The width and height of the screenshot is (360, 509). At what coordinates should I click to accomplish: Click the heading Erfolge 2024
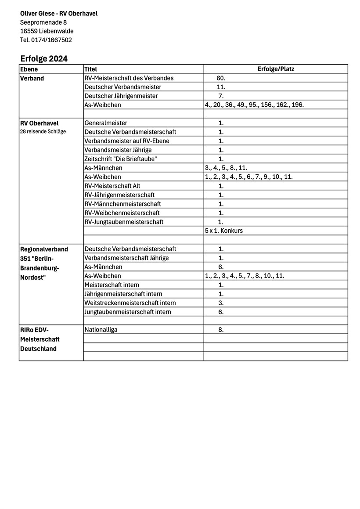pos(44,59)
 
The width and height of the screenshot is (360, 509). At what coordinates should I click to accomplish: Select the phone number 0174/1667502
pos(51,40)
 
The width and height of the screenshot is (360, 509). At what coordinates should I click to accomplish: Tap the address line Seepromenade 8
pos(43,22)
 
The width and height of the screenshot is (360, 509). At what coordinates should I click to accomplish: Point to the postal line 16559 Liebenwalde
pos(47,31)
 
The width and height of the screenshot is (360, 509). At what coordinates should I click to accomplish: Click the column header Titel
pos(91,69)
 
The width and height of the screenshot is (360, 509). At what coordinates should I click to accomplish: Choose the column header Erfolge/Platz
pos(276,69)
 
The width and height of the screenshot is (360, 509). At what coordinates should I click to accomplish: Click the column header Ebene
pos(29,69)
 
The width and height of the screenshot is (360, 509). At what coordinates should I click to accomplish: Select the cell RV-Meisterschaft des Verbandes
pos(129,78)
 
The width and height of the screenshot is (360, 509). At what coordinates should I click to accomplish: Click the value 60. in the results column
pos(221,78)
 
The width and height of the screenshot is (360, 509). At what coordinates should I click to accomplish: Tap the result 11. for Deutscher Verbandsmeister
pos(221,87)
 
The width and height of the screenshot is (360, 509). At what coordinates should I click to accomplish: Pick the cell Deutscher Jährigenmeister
pos(121,96)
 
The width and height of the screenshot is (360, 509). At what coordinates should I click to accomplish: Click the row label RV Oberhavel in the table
pos(40,123)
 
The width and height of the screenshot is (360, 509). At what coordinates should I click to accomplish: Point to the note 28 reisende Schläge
pos(43,132)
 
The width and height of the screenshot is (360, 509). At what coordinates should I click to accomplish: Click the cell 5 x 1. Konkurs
pos(223,231)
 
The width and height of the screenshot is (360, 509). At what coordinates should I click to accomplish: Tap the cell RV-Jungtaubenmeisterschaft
pos(124,222)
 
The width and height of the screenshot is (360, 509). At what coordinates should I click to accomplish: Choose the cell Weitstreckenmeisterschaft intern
pos(130,303)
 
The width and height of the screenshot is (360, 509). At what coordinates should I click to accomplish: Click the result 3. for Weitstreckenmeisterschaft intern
pos(221,303)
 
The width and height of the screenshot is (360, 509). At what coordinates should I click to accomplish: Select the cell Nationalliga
pos(101,330)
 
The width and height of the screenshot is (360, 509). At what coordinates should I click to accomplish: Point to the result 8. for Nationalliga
pos(221,330)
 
